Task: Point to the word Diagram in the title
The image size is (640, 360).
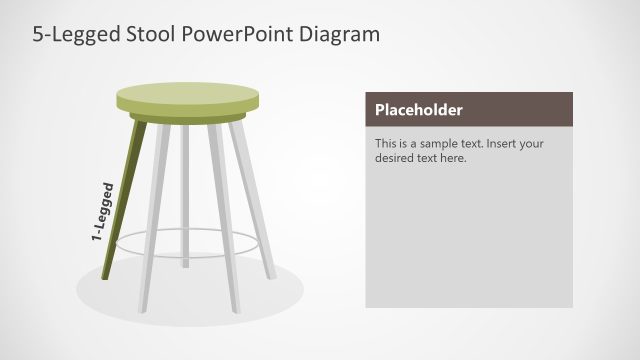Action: pos(338,35)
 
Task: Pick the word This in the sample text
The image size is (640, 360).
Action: pos(386,143)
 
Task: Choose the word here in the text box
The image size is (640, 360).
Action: pos(454,158)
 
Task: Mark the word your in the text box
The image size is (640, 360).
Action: pos(532,143)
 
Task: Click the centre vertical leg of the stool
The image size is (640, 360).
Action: pos(186,200)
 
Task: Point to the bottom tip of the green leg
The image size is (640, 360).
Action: pos(107,275)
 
